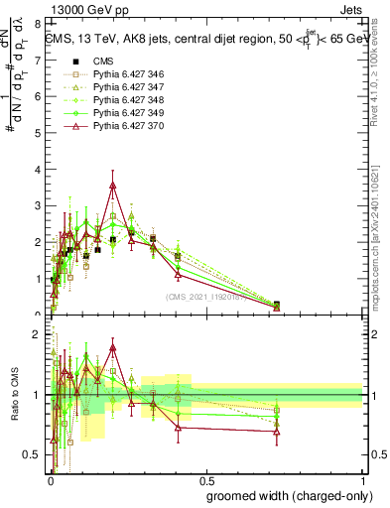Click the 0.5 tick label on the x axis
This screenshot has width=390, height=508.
pos(205,479)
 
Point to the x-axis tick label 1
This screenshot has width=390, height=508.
pos(362,479)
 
